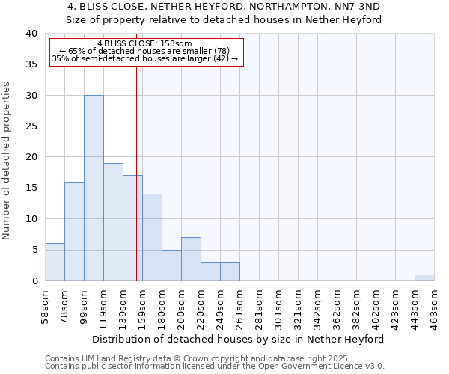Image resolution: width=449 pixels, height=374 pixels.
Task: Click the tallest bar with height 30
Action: click(94, 188)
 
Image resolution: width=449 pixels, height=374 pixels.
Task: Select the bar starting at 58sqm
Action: click(55, 262)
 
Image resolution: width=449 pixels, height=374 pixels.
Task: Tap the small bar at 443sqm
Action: click(424, 278)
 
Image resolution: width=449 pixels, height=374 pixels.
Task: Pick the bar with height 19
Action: click(113, 222)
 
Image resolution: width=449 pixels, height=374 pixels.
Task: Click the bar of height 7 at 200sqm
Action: click(191, 259)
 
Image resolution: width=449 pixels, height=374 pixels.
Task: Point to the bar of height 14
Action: click(152, 237)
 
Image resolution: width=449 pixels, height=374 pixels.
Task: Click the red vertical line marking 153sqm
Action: click(136, 172)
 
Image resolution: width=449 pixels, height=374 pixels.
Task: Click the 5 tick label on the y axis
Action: click(34, 250)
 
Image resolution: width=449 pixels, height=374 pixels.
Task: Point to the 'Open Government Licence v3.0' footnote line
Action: click(215, 366)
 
